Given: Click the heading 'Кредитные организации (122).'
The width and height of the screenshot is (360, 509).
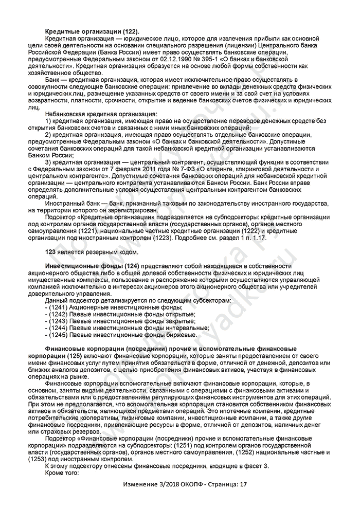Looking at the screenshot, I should pyautogui.click(x=93, y=32).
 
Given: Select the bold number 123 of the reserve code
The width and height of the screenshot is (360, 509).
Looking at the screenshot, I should pyautogui.click(x=51, y=252).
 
